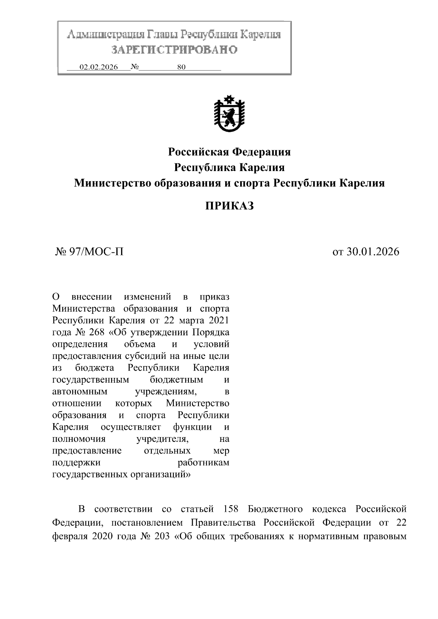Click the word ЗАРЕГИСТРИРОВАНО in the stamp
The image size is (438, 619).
tap(174, 50)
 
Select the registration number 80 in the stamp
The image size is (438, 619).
tap(181, 67)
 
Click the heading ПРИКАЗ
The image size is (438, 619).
tap(229, 206)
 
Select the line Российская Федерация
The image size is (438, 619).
tap(229, 152)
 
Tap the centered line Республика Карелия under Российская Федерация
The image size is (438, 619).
tap(229, 167)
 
